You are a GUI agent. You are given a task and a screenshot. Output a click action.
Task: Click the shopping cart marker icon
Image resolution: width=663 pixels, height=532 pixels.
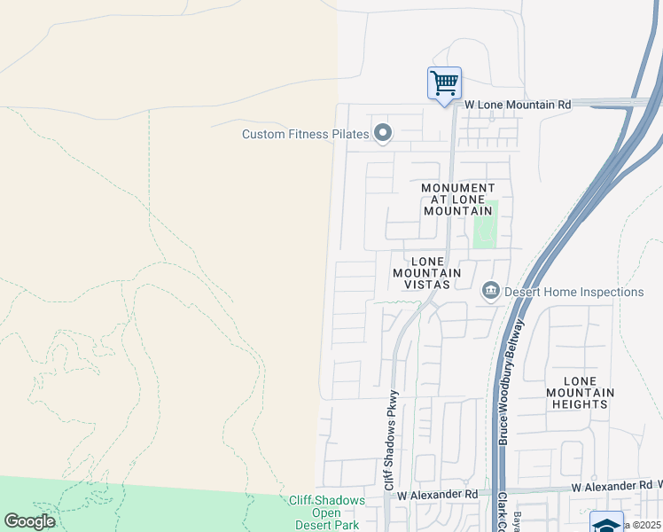click(x=444, y=83)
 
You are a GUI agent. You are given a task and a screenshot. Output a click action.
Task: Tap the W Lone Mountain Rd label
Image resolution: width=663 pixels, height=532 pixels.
click(x=518, y=105)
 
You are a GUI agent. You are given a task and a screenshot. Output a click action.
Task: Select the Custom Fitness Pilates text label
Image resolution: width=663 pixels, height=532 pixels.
click(x=306, y=134)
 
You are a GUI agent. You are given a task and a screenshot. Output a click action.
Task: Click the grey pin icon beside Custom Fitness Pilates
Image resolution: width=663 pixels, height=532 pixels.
click(x=383, y=134)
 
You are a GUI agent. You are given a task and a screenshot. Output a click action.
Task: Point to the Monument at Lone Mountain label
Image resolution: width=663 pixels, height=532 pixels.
click(x=457, y=199)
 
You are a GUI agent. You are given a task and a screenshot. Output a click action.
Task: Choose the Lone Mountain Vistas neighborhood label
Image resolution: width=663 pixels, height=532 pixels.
click(x=427, y=273)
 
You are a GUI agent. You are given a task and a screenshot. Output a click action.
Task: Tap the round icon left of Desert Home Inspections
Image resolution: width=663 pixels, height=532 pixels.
click(x=489, y=291)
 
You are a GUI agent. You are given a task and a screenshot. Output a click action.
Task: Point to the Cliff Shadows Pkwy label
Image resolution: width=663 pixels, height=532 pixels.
click(x=390, y=441)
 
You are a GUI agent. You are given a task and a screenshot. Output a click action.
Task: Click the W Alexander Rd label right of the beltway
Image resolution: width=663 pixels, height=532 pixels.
click(x=612, y=487)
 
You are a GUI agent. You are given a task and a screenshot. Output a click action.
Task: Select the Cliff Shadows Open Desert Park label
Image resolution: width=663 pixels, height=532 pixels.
click(x=327, y=512)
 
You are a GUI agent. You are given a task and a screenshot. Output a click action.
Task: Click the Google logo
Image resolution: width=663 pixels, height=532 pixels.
click(x=30, y=521)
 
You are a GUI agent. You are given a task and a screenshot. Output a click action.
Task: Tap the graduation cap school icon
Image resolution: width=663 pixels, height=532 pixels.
click(x=606, y=522)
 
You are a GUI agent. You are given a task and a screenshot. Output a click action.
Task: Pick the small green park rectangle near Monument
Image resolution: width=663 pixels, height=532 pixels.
click(x=485, y=224)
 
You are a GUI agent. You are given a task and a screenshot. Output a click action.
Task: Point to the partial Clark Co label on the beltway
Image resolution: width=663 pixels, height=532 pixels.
click(x=502, y=512)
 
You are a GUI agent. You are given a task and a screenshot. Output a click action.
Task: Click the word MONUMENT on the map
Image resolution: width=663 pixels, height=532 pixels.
click(x=458, y=188)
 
